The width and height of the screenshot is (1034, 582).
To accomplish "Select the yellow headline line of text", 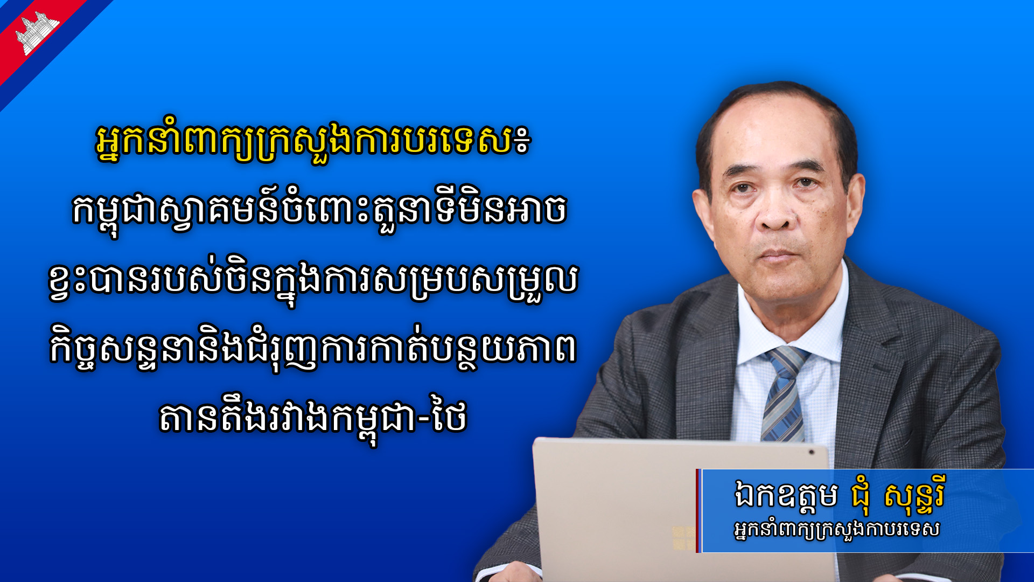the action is [313, 142].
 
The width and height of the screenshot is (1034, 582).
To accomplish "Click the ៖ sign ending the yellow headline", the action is [522, 141].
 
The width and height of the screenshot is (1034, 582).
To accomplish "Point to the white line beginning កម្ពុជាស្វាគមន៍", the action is [319, 211].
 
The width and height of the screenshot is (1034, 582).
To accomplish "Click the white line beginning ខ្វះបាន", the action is [313, 281].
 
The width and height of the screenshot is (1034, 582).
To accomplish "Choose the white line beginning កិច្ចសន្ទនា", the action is [313, 350].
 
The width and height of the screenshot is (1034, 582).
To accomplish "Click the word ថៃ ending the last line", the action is [449, 417].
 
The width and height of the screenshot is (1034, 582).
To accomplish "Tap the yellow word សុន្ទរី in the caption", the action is [914, 495].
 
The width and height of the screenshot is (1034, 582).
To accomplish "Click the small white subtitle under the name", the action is [837, 530].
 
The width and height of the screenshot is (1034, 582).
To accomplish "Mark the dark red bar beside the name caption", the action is [698, 510].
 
